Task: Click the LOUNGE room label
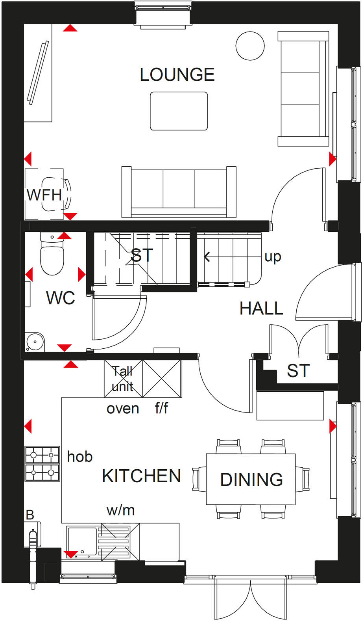(x=177, y=74)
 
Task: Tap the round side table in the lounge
(x=250, y=46)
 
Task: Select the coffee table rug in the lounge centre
(x=179, y=111)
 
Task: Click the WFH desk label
(x=44, y=195)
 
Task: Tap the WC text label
(x=60, y=298)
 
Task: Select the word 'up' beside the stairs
(x=273, y=257)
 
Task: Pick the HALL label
(x=261, y=308)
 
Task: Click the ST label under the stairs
(x=142, y=255)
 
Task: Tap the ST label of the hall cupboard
(x=298, y=371)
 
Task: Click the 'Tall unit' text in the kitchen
(x=122, y=379)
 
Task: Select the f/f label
(x=161, y=409)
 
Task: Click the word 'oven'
(x=123, y=409)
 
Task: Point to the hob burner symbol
(x=42, y=463)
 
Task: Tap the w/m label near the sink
(x=121, y=510)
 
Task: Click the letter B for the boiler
(x=30, y=515)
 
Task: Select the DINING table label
(x=251, y=480)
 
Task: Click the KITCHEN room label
(x=141, y=476)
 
